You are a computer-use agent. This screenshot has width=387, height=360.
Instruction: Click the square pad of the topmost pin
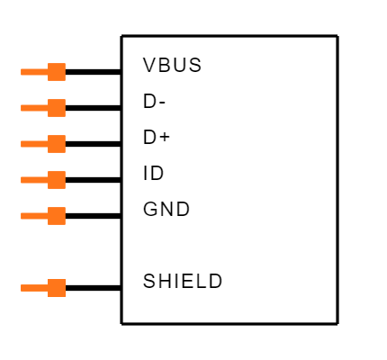coord(57,72)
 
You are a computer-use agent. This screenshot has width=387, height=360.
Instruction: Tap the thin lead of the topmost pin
coord(34,72)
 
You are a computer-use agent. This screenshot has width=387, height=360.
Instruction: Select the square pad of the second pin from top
coord(57,108)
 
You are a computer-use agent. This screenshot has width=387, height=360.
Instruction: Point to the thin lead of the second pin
coord(34,108)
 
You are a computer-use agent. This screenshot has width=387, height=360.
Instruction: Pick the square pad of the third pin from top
coord(57,144)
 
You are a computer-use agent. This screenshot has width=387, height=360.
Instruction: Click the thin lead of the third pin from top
coord(34,144)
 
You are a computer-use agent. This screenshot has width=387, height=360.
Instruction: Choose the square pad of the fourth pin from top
coord(57,180)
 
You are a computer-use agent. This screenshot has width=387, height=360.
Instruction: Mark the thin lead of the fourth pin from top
coord(34,180)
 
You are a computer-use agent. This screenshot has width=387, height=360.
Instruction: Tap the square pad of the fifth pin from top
coord(57,216)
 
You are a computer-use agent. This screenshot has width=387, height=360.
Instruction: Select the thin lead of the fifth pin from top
coord(34,216)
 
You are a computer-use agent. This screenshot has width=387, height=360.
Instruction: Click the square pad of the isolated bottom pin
coord(57,288)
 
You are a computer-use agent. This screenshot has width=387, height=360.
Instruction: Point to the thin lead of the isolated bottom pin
coord(34,288)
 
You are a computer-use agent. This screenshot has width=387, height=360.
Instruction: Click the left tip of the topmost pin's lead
coord(22,72)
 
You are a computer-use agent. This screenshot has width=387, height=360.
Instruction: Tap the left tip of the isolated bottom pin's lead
coord(22,288)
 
